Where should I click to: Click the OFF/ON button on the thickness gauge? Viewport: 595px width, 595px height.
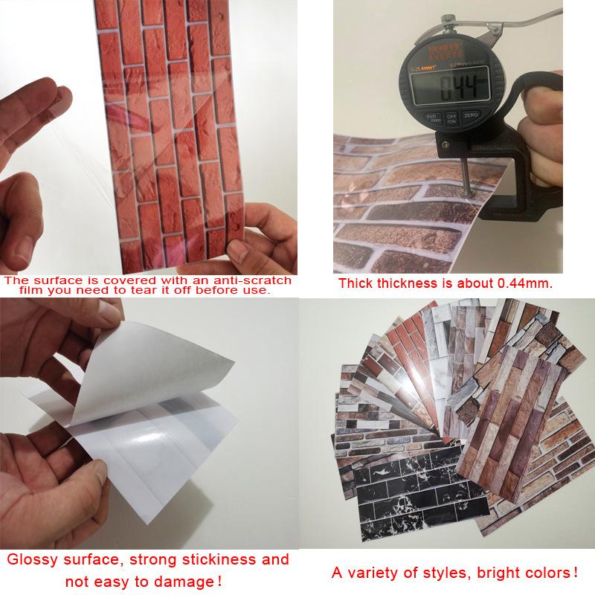coord(451,119)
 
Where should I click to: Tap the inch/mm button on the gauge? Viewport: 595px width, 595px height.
coord(431,119)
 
